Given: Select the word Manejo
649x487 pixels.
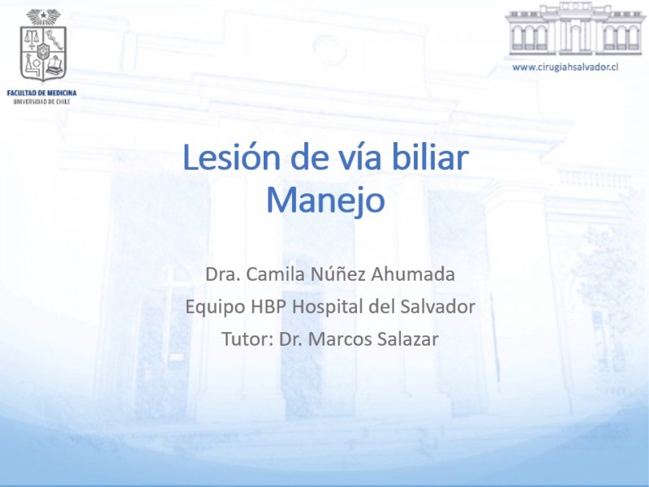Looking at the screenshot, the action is point(325,201).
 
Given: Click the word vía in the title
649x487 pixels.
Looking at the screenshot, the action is point(356,157).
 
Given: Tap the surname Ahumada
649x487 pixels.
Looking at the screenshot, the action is point(413,274).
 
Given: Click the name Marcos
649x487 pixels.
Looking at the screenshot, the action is point(340,339).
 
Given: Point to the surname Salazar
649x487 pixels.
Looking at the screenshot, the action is point(408,339).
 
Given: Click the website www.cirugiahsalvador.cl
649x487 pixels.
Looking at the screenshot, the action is point(565,67).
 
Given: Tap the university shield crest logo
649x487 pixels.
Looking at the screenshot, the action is point(44,45).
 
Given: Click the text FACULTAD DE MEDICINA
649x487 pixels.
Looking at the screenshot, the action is point(42,93).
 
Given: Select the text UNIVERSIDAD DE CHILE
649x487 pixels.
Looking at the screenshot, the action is point(42,101).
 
